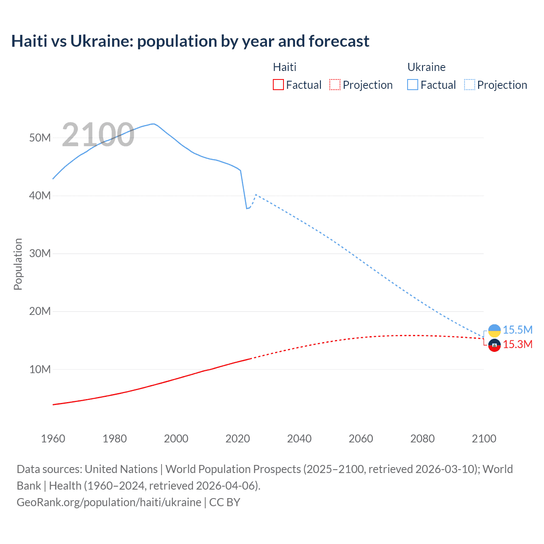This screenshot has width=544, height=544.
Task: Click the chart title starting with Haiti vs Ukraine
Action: [190, 41]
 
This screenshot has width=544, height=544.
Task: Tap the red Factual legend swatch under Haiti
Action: [278, 85]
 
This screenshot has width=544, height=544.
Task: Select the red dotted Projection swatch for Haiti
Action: [335, 85]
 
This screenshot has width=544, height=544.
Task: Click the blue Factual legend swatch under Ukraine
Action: [413, 85]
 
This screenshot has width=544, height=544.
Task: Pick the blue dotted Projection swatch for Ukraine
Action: [470, 85]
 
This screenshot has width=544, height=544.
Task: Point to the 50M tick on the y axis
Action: [40, 138]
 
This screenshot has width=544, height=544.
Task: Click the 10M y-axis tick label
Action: [40, 369]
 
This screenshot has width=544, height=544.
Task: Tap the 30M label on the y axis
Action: [40, 254]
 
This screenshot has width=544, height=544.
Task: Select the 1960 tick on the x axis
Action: [53, 439]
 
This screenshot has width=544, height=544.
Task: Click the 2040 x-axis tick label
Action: [299, 439]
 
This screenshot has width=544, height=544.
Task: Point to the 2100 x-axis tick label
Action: [484, 439]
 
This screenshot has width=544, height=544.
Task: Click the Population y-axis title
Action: [18, 264]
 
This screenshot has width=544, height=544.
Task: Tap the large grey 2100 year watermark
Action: [98, 135]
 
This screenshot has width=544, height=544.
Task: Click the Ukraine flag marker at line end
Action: [494, 330]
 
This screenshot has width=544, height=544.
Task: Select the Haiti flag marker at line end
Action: [494, 346]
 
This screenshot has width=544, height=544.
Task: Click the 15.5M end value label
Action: [518, 330]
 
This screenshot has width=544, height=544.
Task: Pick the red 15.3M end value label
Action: [518, 345]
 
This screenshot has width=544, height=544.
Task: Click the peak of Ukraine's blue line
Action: [153, 124]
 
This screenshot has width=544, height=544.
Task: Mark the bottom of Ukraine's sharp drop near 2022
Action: [246, 208]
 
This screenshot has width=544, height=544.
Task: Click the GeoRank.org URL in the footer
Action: [109, 502]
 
